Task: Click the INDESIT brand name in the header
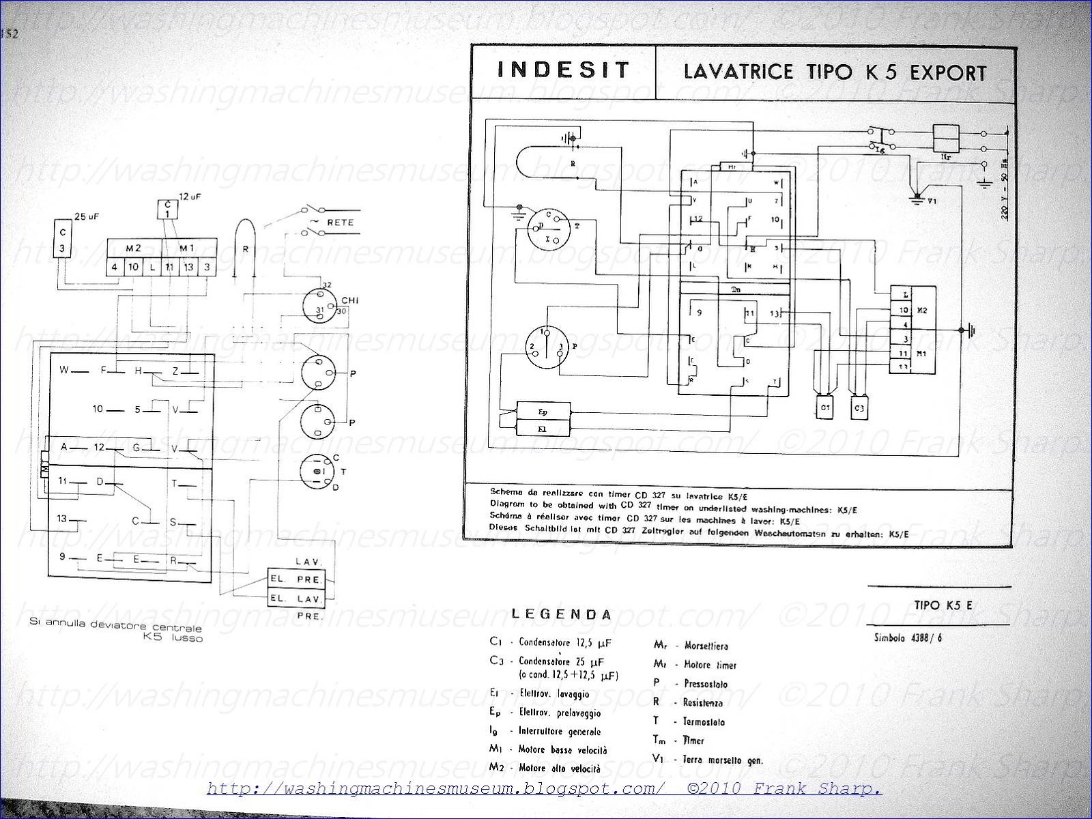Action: coord(563,70)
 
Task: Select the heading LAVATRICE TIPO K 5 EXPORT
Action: coord(835,72)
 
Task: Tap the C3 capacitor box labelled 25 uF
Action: coord(62,238)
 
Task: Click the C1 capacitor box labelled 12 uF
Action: coord(167,210)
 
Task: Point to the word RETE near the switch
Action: coord(339,222)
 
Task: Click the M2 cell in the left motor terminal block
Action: coord(134,248)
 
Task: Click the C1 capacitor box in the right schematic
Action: coord(826,407)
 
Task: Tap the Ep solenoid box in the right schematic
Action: coord(543,412)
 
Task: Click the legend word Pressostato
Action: coord(706,683)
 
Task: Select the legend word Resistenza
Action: coord(703,702)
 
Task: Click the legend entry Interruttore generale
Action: coord(560,731)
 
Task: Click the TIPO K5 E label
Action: coord(938,604)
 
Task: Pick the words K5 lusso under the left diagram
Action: coord(173,638)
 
